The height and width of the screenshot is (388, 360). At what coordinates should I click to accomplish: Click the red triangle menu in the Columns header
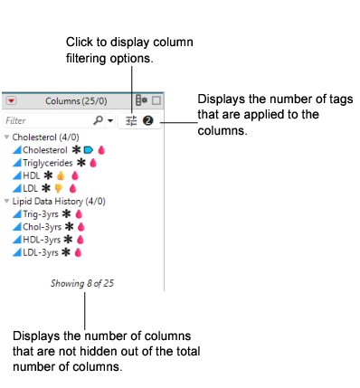coord(11,101)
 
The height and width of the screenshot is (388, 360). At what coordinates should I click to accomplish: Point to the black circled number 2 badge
coord(147,119)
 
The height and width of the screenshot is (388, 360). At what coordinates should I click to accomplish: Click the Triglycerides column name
coord(49,163)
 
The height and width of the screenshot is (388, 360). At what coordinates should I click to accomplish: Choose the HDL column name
coord(32,175)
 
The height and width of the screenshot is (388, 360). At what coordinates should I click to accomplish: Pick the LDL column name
coord(31,188)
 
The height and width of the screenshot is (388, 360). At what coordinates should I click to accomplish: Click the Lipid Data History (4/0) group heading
coord(52,201)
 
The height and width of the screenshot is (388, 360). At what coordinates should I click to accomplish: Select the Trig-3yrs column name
coord(41,213)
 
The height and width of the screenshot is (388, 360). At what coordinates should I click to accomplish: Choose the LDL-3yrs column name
coord(41,251)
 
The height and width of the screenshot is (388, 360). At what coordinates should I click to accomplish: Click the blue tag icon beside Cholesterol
coord(88,150)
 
